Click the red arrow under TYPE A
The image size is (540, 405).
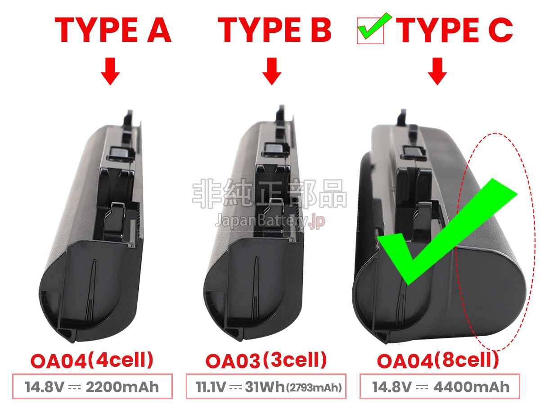[110, 71]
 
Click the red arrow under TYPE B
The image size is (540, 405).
[272, 71]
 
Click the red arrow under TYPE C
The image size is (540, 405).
[437, 71]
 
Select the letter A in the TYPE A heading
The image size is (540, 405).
[159, 30]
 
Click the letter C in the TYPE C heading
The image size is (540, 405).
[500, 30]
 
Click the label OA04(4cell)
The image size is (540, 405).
[92, 360]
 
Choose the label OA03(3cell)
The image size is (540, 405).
[266, 360]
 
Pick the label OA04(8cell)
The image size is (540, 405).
[438, 360]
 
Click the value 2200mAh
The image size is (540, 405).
[122, 387]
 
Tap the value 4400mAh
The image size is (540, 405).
[471, 387]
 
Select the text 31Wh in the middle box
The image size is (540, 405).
[265, 387]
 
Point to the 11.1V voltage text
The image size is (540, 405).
[211, 387]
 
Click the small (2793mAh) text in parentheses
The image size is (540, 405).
[314, 388]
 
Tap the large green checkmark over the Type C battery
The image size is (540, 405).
[447, 231]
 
